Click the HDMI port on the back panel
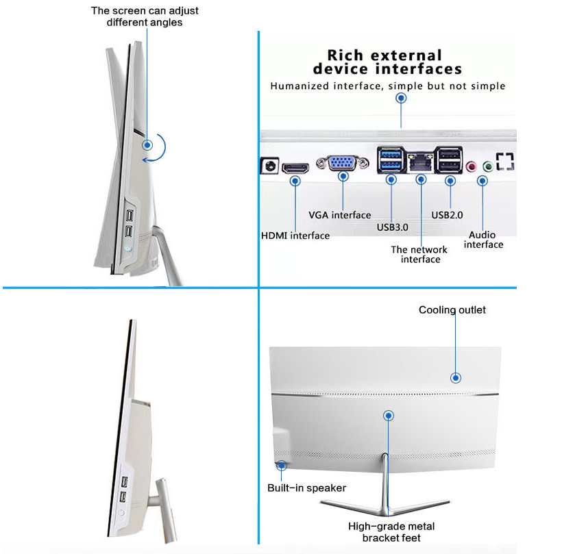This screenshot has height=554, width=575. click(x=295, y=168)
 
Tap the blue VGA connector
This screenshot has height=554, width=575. click(x=343, y=163)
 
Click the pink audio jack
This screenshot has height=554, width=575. click(x=471, y=166)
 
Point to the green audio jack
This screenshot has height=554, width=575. click(x=488, y=166)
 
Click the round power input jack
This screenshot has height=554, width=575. click(x=270, y=166)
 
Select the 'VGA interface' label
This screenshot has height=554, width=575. click(x=339, y=215)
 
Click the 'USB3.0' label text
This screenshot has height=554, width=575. click(x=393, y=227)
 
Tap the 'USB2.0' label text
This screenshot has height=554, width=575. click(x=447, y=215)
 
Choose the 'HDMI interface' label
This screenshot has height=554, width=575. click(x=295, y=236)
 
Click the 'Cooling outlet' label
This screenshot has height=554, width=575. click(x=452, y=310)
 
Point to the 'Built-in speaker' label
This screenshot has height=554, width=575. click(x=306, y=488)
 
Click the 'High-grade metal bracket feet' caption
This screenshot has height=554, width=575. click(x=391, y=532)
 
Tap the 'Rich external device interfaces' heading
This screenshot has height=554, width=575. click(x=387, y=62)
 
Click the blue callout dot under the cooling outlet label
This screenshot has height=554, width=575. click(x=456, y=378)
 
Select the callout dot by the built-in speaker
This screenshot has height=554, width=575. click(x=282, y=466)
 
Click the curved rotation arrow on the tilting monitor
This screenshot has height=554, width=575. click(x=161, y=150)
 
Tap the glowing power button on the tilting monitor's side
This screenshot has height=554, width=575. click(x=127, y=248)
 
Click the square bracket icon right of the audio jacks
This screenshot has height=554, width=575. click(x=505, y=162)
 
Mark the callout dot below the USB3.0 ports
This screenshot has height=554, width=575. click(x=391, y=179)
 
